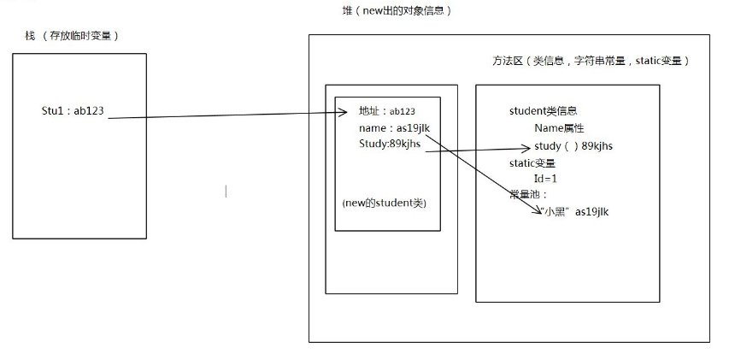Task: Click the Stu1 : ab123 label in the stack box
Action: pyautogui.click(x=73, y=111)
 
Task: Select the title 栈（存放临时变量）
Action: pyautogui.click(x=72, y=35)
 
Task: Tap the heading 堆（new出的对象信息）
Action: pyautogui.click(x=397, y=11)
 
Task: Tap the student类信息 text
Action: pyautogui.click(x=543, y=111)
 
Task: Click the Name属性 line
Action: pyautogui.click(x=559, y=128)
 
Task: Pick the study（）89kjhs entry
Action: pyautogui.click(x=573, y=145)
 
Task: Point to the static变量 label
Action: pyautogui.click(x=532, y=162)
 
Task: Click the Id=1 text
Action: pyautogui.click(x=546, y=179)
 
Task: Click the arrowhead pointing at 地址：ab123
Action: pyautogui.click(x=349, y=112)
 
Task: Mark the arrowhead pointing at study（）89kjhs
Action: pyautogui.click(x=529, y=146)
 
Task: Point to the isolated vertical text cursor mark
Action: pyautogui.click(x=226, y=191)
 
